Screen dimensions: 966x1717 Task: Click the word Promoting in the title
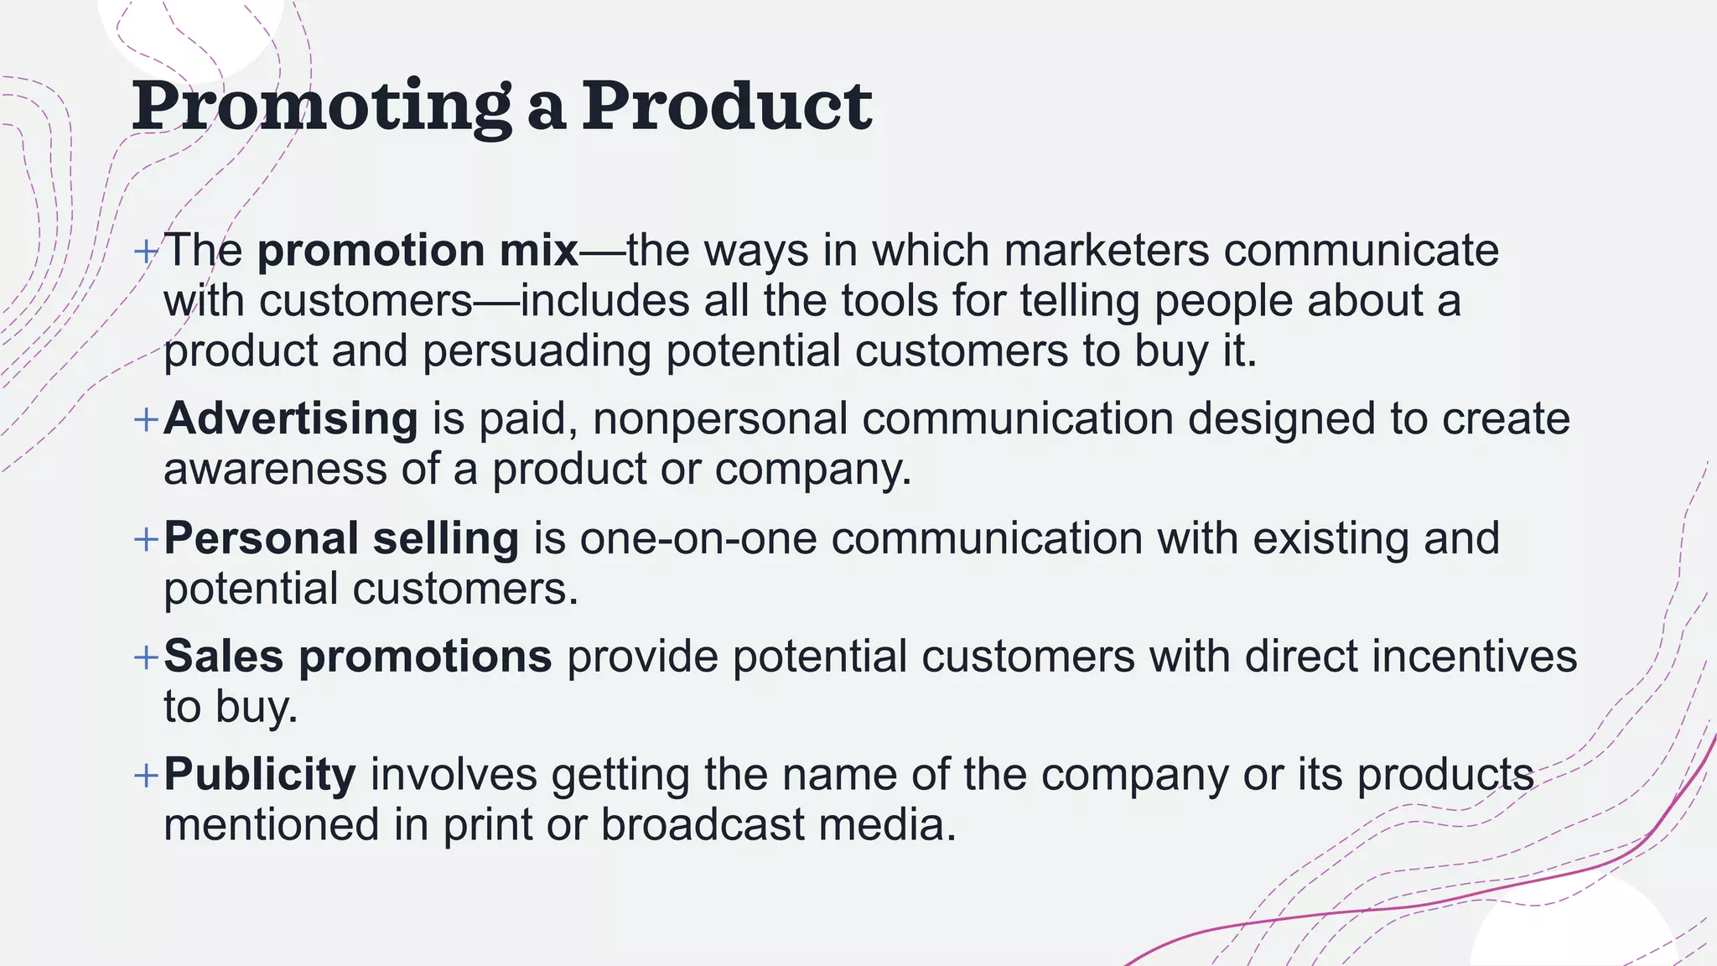coord(321,106)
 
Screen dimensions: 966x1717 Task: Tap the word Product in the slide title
coord(727,106)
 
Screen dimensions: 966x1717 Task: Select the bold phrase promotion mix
coord(418,251)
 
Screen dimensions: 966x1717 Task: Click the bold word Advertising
coord(291,418)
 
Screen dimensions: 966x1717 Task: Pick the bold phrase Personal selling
coord(341,538)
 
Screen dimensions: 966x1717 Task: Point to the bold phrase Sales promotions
coord(358,656)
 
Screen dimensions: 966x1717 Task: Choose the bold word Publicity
coord(260,774)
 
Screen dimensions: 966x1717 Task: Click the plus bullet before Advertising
coord(147,419)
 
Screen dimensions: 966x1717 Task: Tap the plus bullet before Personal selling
coord(147,539)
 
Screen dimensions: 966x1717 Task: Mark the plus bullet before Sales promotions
coord(147,657)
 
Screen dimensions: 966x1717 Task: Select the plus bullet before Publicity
coord(147,775)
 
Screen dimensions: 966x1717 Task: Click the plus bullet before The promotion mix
coord(147,251)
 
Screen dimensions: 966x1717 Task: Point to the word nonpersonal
coord(720,418)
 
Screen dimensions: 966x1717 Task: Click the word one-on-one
coord(698,538)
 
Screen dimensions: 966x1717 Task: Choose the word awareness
coord(275,469)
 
